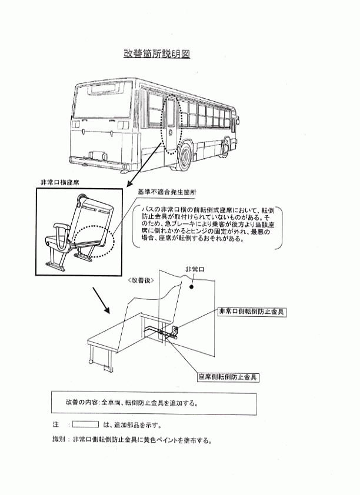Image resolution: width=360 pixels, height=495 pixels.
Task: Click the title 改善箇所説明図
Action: pos(156,54)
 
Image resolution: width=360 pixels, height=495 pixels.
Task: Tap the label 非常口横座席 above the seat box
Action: pos(60,182)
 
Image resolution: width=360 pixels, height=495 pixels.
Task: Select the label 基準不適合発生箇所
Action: pos(166,192)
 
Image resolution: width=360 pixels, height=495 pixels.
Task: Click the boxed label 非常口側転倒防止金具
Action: pos(252,312)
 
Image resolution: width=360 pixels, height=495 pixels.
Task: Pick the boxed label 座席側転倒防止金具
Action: pos(228,377)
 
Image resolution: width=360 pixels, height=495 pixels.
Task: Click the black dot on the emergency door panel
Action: pos(191,287)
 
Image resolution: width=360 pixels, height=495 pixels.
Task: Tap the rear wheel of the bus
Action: pos(184,157)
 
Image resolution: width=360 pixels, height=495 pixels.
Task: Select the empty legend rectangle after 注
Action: pos(85,424)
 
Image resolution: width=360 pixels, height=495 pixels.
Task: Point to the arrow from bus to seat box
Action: pos(145,164)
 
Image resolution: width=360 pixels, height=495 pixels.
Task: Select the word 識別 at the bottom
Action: pos(58,440)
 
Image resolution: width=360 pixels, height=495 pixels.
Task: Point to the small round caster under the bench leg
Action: pos(91,362)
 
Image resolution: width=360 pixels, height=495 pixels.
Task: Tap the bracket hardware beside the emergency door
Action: pos(174,332)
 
